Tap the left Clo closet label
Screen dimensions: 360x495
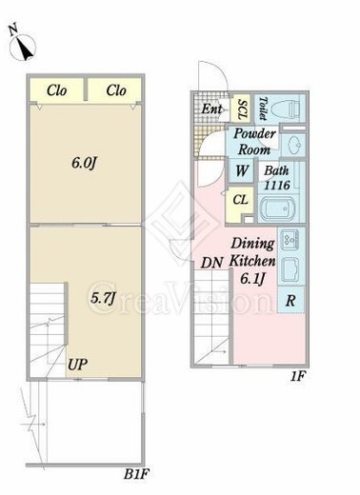pos(57,90)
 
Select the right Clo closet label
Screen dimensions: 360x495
pos(116,90)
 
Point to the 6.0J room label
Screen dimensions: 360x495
pos(84,163)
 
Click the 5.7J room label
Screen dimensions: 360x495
pos(102,298)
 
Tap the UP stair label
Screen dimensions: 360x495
pos(77,365)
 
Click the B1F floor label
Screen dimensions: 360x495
pos(136,475)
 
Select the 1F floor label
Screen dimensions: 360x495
pos(297,376)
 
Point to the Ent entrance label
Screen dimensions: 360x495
pos(211,109)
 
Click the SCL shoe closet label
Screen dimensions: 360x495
pos(242,109)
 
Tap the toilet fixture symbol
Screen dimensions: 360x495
pos(288,109)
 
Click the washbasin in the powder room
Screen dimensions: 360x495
pos(293,146)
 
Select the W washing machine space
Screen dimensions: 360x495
pos(242,171)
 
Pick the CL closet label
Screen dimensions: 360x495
pos(240,200)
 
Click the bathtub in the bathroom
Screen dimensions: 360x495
pos(278,208)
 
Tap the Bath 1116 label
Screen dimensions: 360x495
pos(277,178)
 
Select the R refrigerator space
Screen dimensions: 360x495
pos(290,300)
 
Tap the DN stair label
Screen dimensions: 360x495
pos(211,263)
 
